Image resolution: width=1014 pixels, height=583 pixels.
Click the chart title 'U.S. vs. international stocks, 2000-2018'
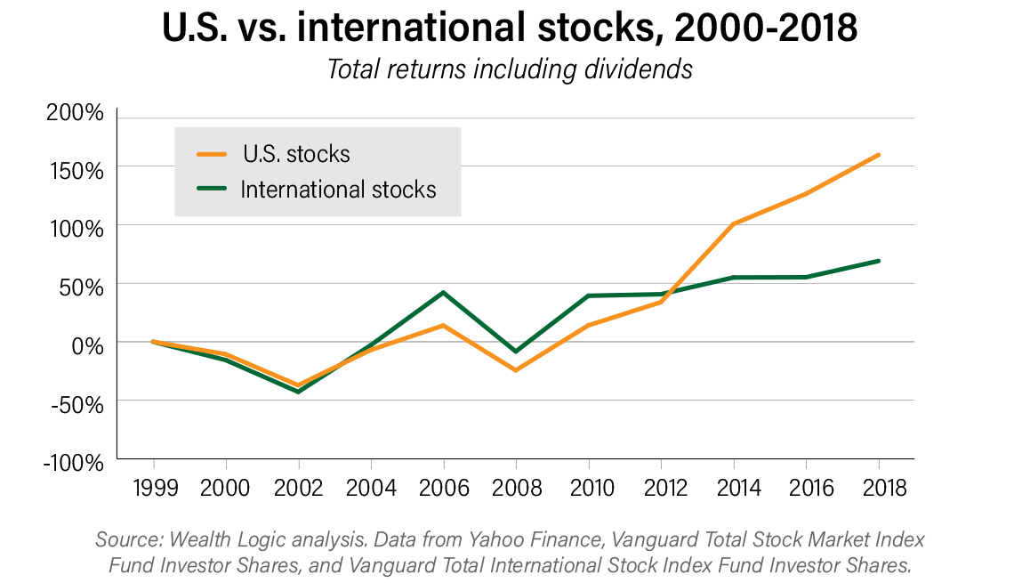pos(509,30)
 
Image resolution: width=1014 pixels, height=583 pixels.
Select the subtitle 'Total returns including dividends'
pos(509,69)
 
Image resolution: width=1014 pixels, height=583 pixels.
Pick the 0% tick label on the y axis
pos(89,344)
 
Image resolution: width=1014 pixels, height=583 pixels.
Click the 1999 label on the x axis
pos(154,488)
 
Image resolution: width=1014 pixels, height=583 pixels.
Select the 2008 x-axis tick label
pos(516,488)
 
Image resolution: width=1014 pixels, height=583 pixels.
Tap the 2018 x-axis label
pos(878,488)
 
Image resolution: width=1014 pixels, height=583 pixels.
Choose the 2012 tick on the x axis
pos(661,488)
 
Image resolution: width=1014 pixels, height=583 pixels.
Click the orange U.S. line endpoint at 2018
pos(878,155)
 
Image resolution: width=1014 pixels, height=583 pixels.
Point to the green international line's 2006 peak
pos(443,292)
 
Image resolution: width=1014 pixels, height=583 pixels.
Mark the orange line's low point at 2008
pos(516,370)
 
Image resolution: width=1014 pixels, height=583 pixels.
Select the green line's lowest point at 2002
pos(299,392)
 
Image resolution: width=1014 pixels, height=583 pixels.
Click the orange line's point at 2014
pos(733,223)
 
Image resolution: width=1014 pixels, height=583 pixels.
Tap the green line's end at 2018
pos(878,261)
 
